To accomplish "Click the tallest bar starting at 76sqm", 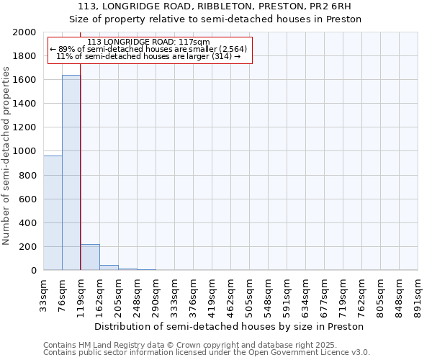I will click(x=71, y=173).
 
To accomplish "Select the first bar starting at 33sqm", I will click(x=53, y=213).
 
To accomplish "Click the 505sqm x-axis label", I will click(x=250, y=295).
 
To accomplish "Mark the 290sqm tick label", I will click(x=156, y=295).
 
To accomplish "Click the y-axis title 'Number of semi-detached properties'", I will click(x=7, y=156).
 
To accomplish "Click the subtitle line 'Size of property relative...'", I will click(x=215, y=19).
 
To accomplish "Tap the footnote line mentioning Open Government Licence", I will click(x=207, y=353).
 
